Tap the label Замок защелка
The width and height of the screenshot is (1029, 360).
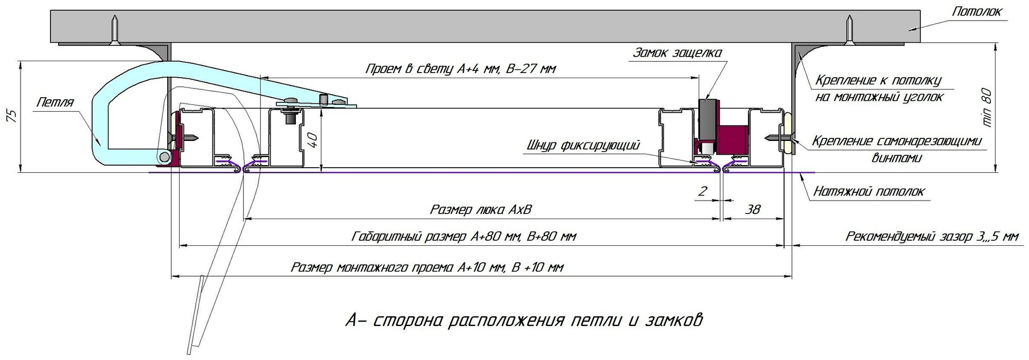pyautogui.click(x=677, y=53)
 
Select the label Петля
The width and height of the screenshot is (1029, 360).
pyautogui.click(x=55, y=102)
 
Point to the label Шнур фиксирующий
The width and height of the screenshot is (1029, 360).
pyautogui.click(x=583, y=146)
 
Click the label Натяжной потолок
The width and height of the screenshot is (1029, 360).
pyautogui.click(x=868, y=192)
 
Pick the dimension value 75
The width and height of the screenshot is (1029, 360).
pyautogui.click(x=14, y=116)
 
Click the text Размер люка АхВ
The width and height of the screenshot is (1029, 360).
pyautogui.click(x=481, y=210)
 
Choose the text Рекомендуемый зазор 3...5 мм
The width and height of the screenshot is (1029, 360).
pyautogui.click(x=931, y=237)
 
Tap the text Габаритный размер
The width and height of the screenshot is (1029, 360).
pyautogui.click(x=410, y=237)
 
